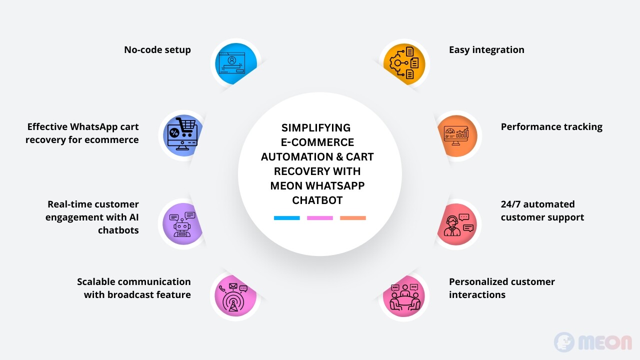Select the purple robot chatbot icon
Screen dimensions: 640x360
coord(182,224)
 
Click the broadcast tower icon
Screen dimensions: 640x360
coord(233,297)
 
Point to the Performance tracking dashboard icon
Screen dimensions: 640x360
coord(456,135)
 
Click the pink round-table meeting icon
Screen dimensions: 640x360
coord(404,297)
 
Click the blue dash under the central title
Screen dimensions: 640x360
coord(287,218)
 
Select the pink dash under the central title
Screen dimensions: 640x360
coord(319,218)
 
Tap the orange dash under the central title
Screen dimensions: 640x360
coord(353,218)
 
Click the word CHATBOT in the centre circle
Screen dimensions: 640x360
coord(317,200)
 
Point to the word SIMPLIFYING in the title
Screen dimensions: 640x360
coord(315,127)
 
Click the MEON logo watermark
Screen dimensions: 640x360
coord(593,341)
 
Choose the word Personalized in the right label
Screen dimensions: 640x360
coord(479,281)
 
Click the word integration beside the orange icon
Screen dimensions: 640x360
coord(498,49)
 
